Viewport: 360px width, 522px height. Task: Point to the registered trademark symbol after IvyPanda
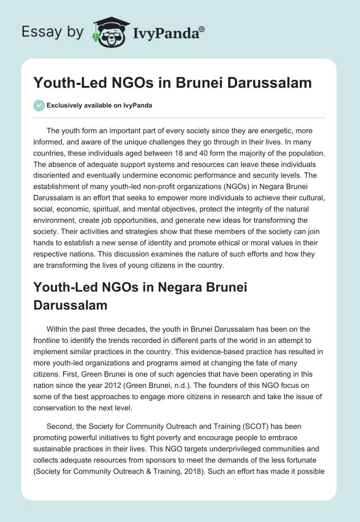(202, 29)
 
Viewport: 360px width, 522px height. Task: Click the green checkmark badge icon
(39, 105)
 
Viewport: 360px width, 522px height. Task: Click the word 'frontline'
(49, 341)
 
